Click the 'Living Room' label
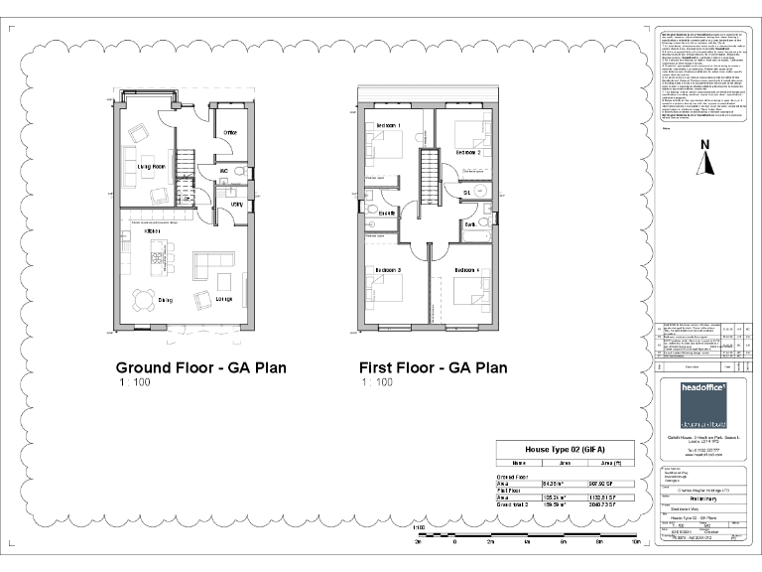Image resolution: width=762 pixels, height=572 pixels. pyautogui.click(x=151, y=167)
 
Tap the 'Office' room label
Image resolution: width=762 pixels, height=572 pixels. pyautogui.click(x=229, y=132)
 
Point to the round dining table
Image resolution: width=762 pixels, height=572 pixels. pyautogui.click(x=146, y=298)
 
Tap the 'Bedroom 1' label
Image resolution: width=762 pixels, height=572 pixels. pyautogui.click(x=386, y=126)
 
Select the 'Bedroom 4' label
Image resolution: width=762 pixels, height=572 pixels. pyautogui.click(x=467, y=270)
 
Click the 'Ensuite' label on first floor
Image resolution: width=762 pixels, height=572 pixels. pyautogui.click(x=386, y=213)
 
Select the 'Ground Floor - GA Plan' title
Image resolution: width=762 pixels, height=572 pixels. pyautogui.click(x=201, y=367)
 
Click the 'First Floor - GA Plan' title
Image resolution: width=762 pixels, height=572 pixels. pyautogui.click(x=435, y=367)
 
